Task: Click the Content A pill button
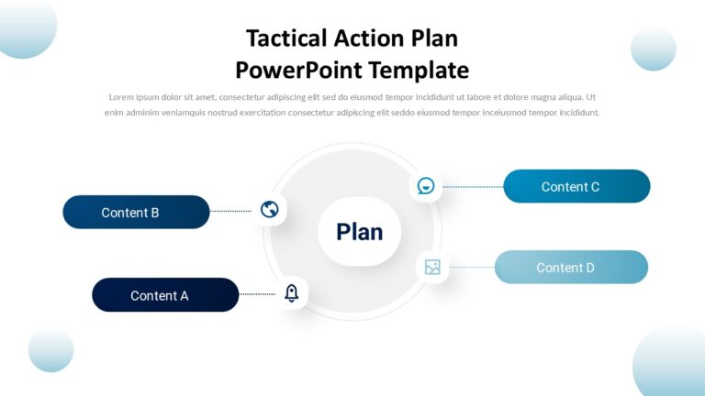pyautogui.click(x=165, y=295)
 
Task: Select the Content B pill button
pyautogui.click(x=136, y=212)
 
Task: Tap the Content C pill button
pyautogui.click(x=576, y=186)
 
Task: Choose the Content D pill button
pyautogui.click(x=571, y=267)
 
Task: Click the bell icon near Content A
pyautogui.click(x=292, y=293)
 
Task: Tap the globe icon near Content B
pyautogui.click(x=269, y=209)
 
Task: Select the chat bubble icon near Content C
pyautogui.click(x=426, y=186)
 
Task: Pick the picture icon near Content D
pyautogui.click(x=432, y=267)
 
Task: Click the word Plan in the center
pyautogui.click(x=359, y=232)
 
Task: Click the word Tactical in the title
pyautogui.click(x=287, y=38)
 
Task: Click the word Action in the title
pyautogui.click(x=370, y=38)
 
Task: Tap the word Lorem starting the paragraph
pyautogui.click(x=121, y=97)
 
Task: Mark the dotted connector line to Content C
pyautogui.click(x=473, y=186)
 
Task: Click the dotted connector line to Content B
pyautogui.click(x=230, y=211)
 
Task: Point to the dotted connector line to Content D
pyautogui.click(x=471, y=267)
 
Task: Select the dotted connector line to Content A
pyautogui.click(x=257, y=294)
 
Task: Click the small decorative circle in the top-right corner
pyautogui.click(x=654, y=49)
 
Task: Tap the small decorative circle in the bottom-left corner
pyautogui.click(x=50, y=350)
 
